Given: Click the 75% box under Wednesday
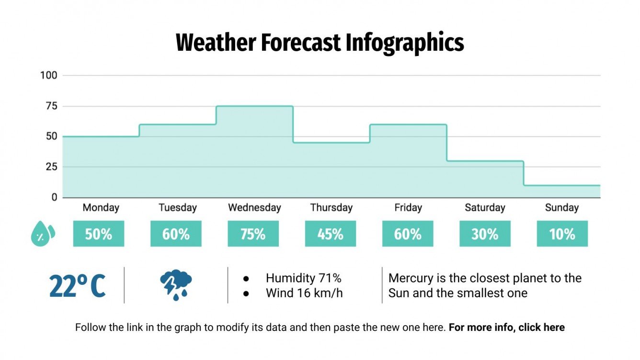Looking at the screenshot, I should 253,234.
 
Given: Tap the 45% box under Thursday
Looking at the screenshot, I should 330,234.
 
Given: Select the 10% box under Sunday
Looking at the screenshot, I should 562,234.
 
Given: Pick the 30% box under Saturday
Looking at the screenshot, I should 485,234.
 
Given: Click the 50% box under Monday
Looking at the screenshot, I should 98,234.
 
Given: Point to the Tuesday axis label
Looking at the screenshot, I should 178,208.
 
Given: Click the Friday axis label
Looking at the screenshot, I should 408,208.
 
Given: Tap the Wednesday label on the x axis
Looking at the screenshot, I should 254,208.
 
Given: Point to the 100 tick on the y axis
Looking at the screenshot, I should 49,75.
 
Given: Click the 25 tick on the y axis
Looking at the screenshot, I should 51,167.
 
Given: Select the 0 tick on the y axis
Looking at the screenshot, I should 54,197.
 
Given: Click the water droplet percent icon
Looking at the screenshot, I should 43,234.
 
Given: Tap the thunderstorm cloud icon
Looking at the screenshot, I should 176,285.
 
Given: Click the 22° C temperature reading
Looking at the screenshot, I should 77,286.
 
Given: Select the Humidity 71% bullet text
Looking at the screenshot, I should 303,278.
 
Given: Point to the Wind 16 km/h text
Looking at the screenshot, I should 304,293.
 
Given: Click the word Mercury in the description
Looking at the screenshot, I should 409,278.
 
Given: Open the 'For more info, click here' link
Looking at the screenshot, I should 507,328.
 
